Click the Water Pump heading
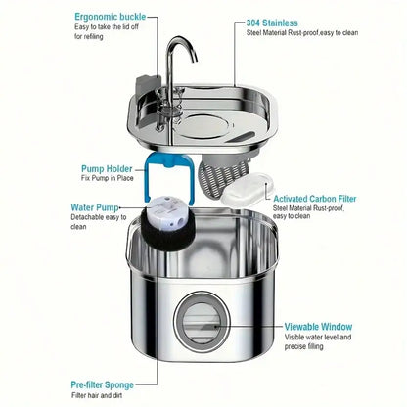[96, 208]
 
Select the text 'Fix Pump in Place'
[107, 179]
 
